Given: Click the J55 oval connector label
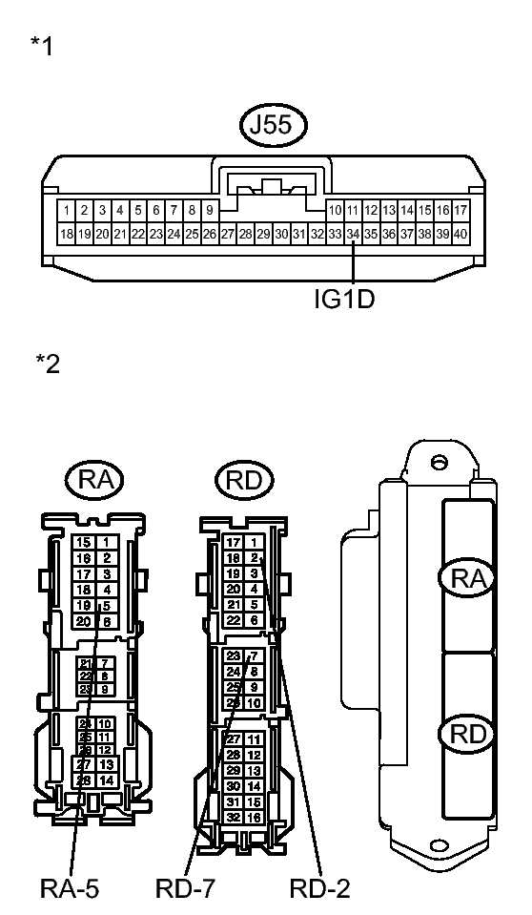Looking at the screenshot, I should click(x=266, y=126).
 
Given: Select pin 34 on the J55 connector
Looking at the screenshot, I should click(x=353, y=233).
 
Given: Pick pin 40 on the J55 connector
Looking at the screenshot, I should click(x=460, y=233).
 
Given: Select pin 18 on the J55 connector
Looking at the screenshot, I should click(x=66, y=233).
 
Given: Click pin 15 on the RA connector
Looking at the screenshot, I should click(x=85, y=542).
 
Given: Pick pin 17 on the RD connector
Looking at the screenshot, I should click(x=233, y=542).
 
